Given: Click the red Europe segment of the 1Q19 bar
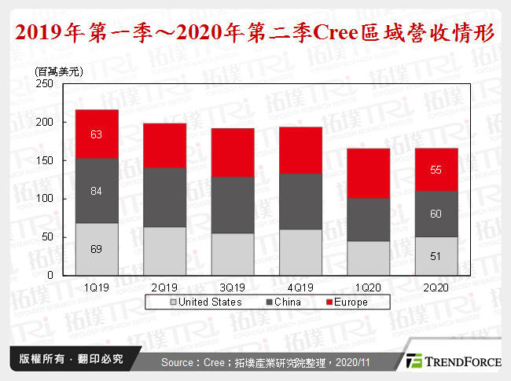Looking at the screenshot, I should tap(97, 134).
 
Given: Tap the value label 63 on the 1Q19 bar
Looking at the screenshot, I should tap(97, 134).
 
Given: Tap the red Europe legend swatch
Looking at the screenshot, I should tap(328, 302).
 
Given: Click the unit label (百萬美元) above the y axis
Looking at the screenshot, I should tap(59, 71).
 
